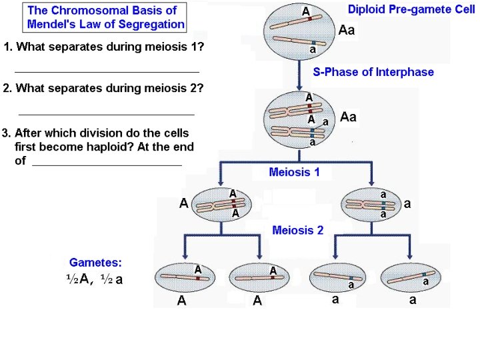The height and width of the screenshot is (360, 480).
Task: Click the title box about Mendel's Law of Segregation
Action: click(x=105, y=17)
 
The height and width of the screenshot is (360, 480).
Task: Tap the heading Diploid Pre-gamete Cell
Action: click(x=411, y=10)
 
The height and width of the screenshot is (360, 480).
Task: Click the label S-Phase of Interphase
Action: click(x=373, y=72)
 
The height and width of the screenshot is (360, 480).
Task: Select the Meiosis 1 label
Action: click(x=294, y=172)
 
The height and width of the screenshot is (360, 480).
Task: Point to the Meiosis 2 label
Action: click(x=297, y=230)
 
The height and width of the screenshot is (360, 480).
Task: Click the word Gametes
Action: click(x=95, y=263)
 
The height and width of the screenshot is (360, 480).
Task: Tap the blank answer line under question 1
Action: click(x=107, y=71)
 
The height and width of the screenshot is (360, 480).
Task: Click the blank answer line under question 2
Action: click(x=107, y=115)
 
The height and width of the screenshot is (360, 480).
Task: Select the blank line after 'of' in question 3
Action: click(x=107, y=164)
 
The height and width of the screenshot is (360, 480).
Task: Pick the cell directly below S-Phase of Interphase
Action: click(x=301, y=121)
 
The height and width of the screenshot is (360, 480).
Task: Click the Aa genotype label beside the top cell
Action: click(x=347, y=30)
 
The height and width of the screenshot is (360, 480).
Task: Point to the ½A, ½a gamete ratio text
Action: click(x=95, y=280)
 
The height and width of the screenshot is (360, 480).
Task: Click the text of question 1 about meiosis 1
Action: click(x=104, y=47)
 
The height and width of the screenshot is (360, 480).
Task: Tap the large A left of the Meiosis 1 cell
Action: click(x=183, y=203)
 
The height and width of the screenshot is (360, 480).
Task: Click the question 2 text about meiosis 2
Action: click(x=104, y=88)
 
